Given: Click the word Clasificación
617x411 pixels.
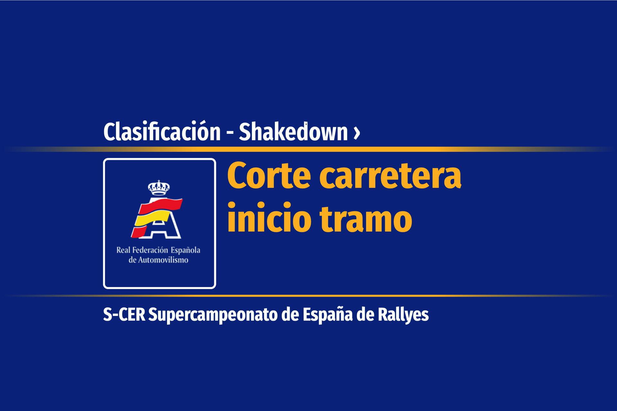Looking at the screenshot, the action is [x=162, y=131].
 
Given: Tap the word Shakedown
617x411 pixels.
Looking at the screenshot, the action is [x=293, y=131].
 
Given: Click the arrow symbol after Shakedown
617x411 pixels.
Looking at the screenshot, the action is [x=356, y=133].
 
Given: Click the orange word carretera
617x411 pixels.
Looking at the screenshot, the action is [x=390, y=177].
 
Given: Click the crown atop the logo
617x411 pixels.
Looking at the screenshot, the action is [x=159, y=188].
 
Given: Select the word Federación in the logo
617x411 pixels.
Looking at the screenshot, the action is [x=149, y=250].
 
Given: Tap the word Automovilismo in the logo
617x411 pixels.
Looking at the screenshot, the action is [x=163, y=260].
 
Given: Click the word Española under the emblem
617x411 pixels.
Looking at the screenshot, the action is [x=185, y=250].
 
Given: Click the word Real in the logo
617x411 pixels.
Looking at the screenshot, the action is [x=122, y=250].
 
